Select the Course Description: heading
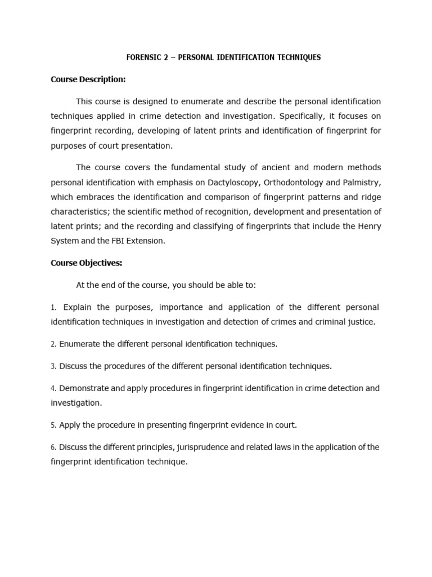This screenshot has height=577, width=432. click(x=88, y=79)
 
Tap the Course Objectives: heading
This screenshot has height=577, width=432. click(x=86, y=263)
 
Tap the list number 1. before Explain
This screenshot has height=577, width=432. click(x=53, y=308)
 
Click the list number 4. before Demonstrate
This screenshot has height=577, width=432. click(x=53, y=389)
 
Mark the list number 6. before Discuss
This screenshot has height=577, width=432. click(x=53, y=447)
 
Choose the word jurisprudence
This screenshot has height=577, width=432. click(x=206, y=447)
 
